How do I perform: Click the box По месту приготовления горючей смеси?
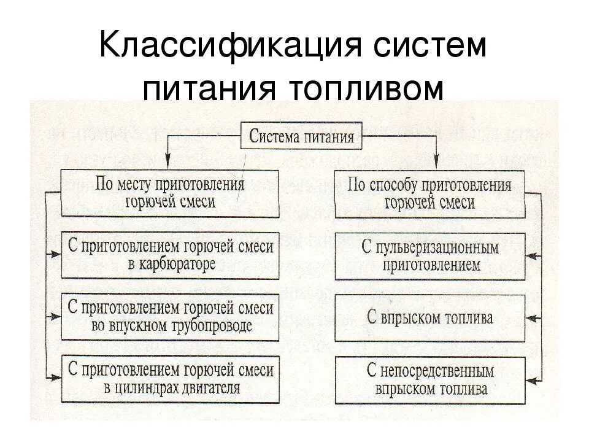[x=171, y=193]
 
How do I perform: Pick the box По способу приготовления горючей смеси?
[x=429, y=193]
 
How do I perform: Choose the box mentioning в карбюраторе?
[x=171, y=255]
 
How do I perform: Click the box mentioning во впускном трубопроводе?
[x=171, y=317]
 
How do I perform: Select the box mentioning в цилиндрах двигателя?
[x=171, y=378]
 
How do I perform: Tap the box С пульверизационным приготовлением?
[x=429, y=257]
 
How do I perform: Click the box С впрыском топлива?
[x=429, y=318]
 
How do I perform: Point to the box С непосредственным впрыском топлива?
[x=429, y=379]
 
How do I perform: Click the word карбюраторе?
[x=179, y=265]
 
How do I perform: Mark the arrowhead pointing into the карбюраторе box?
[x=57, y=254]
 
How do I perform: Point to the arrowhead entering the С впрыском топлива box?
[x=531, y=318]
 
